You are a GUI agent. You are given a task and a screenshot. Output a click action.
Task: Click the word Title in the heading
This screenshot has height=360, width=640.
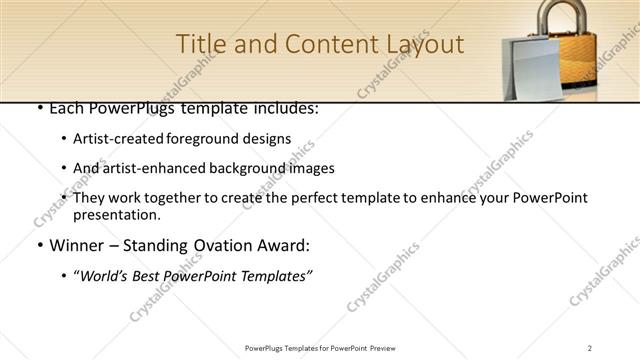point(200,45)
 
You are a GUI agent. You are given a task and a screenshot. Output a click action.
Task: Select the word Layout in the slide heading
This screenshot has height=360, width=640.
point(421,45)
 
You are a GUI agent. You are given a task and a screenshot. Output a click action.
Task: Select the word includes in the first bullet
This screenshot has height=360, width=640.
point(281,107)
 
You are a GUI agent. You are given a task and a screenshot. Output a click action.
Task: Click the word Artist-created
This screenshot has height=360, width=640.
point(117,138)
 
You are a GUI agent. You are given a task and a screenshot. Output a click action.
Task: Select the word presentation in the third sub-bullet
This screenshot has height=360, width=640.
point(117,214)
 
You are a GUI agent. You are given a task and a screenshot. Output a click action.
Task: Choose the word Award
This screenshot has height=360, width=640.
point(287,245)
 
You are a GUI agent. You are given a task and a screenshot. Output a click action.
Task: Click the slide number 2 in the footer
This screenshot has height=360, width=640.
point(590,347)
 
